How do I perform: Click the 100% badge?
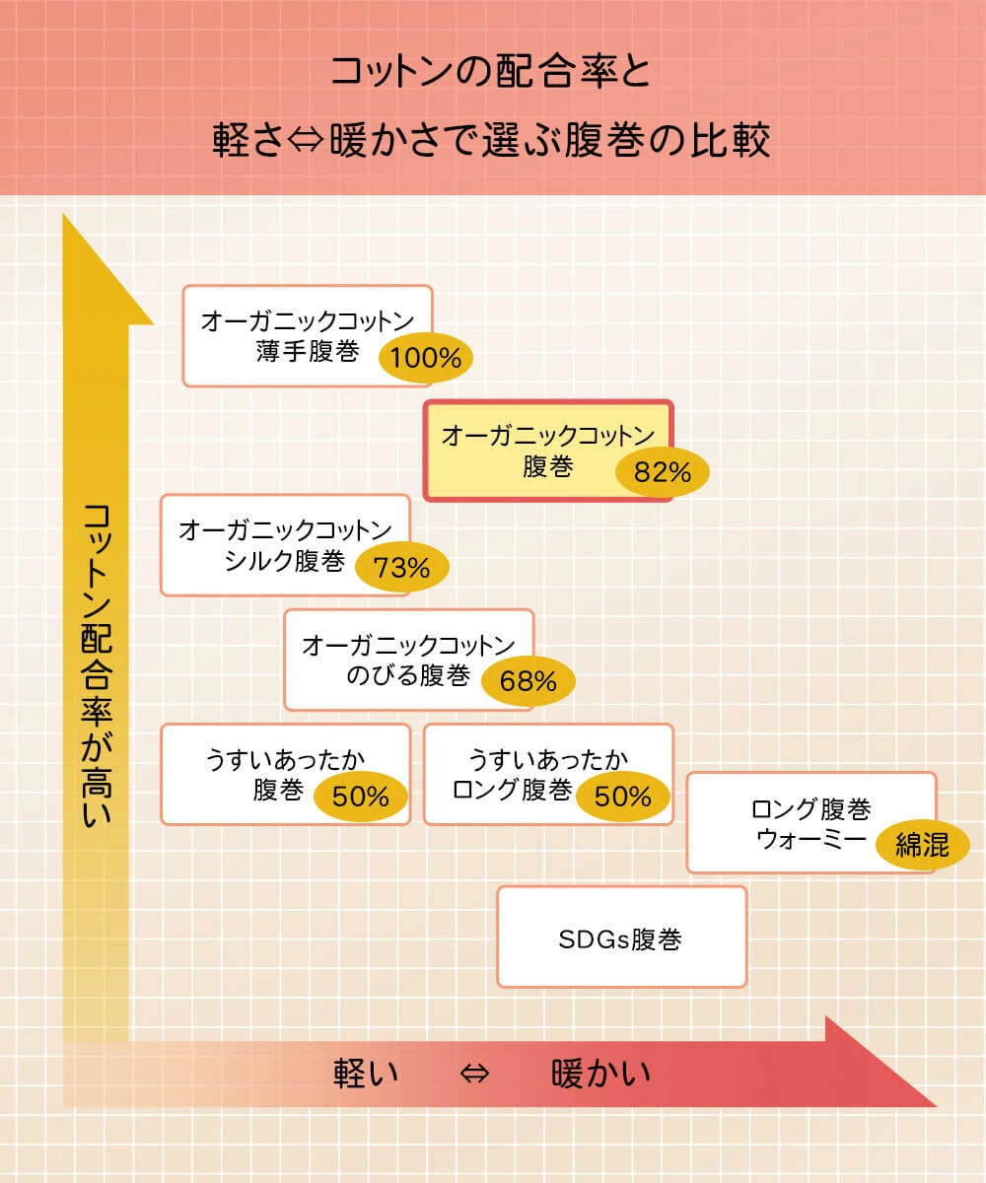pos(426,358)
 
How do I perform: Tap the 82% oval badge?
pos(663,472)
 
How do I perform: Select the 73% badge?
pos(400,568)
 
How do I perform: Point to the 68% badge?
pos(528,681)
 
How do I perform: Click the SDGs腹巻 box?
pos(621,938)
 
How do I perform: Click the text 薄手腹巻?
pos(307,352)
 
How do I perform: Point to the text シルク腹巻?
pos(284,561)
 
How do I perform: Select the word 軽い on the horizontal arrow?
pos(366,1072)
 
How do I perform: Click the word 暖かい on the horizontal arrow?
pos(600,1072)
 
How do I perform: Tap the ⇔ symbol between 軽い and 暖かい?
pos(474,1073)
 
